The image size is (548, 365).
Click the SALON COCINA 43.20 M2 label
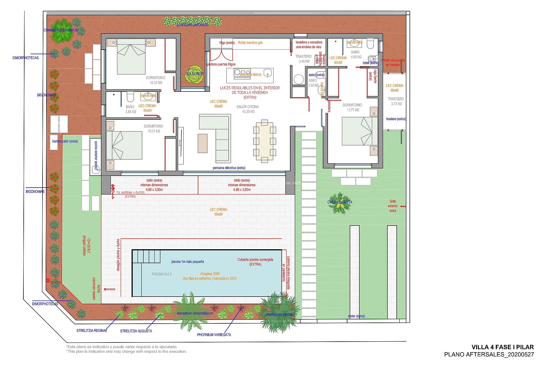tap(247, 109)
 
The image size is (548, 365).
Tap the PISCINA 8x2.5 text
tap(162, 274)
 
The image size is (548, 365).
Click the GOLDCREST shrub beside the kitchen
tap(195, 74)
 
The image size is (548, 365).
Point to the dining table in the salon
tap(264, 141)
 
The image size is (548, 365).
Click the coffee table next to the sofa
tap(202, 143)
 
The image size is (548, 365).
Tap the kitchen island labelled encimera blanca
tap(250, 75)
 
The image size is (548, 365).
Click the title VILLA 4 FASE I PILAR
tap(502, 347)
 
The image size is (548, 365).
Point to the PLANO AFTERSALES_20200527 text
tap(489, 354)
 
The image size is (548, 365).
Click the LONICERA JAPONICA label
tap(192, 25)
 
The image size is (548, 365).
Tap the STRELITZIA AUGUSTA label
tap(136, 331)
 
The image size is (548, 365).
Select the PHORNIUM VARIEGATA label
tap(214, 335)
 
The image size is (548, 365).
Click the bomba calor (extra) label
tap(65, 141)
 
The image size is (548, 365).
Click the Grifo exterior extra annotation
tap(393, 206)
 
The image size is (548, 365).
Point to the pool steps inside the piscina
tap(147, 256)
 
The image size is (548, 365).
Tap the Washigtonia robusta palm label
tap(279, 315)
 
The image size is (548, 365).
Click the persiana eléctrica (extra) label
tap(229, 168)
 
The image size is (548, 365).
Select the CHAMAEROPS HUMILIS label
tap(61, 30)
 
